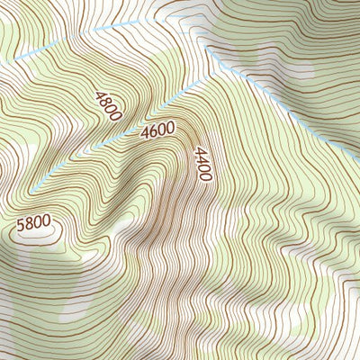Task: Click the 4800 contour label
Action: pos(107,105)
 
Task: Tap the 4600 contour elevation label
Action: pos(157,131)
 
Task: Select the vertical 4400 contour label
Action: pos(202,164)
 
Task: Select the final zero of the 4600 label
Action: pos(170,128)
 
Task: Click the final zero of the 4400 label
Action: pos(204,177)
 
